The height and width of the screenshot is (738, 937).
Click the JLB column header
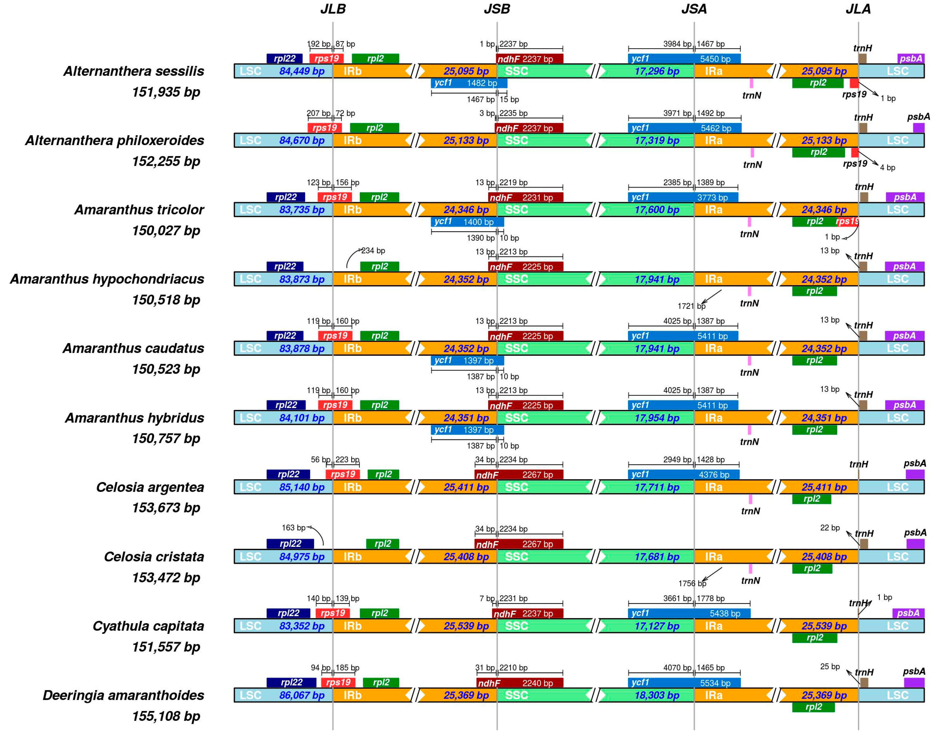332,9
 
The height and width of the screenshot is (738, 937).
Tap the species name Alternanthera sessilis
134,71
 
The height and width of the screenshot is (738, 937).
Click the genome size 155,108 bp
166,716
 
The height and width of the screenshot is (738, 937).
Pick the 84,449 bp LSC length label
302,71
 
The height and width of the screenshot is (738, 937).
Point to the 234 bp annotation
373,251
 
